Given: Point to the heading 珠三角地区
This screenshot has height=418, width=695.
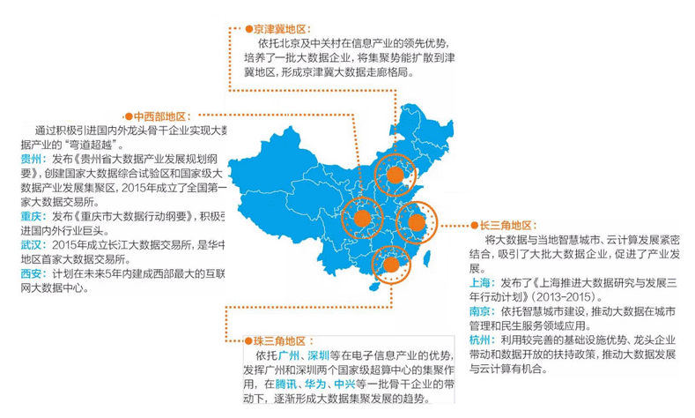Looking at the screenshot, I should tap(279, 340).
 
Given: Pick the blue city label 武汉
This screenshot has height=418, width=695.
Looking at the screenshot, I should tap(32, 244).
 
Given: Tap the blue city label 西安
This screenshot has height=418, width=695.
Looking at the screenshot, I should tap(32, 273).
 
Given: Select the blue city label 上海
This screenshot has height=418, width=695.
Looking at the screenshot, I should tap(482, 282).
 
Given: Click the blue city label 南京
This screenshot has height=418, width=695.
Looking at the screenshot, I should tap(482, 311).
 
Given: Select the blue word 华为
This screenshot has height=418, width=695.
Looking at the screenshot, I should tap(314, 384).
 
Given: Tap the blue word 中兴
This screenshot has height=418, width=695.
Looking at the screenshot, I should tap(343, 384).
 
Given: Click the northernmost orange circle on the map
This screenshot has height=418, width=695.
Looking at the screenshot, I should tap(395, 175).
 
